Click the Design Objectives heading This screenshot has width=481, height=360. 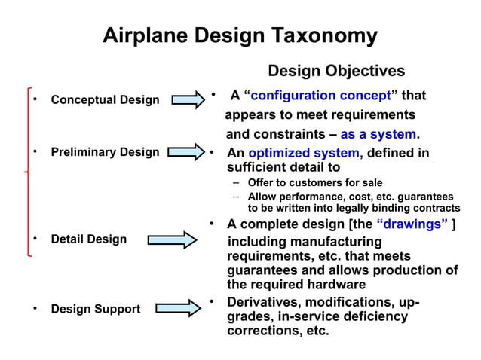pos(336,71)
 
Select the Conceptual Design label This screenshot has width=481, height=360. pos(105,99)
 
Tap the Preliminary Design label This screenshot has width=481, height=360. pos(105,152)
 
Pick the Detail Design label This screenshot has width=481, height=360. pos(88,239)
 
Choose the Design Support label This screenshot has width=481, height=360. pos(95,309)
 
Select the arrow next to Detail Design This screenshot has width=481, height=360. pos(173,239)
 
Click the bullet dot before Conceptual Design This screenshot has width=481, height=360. pos(34,99)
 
